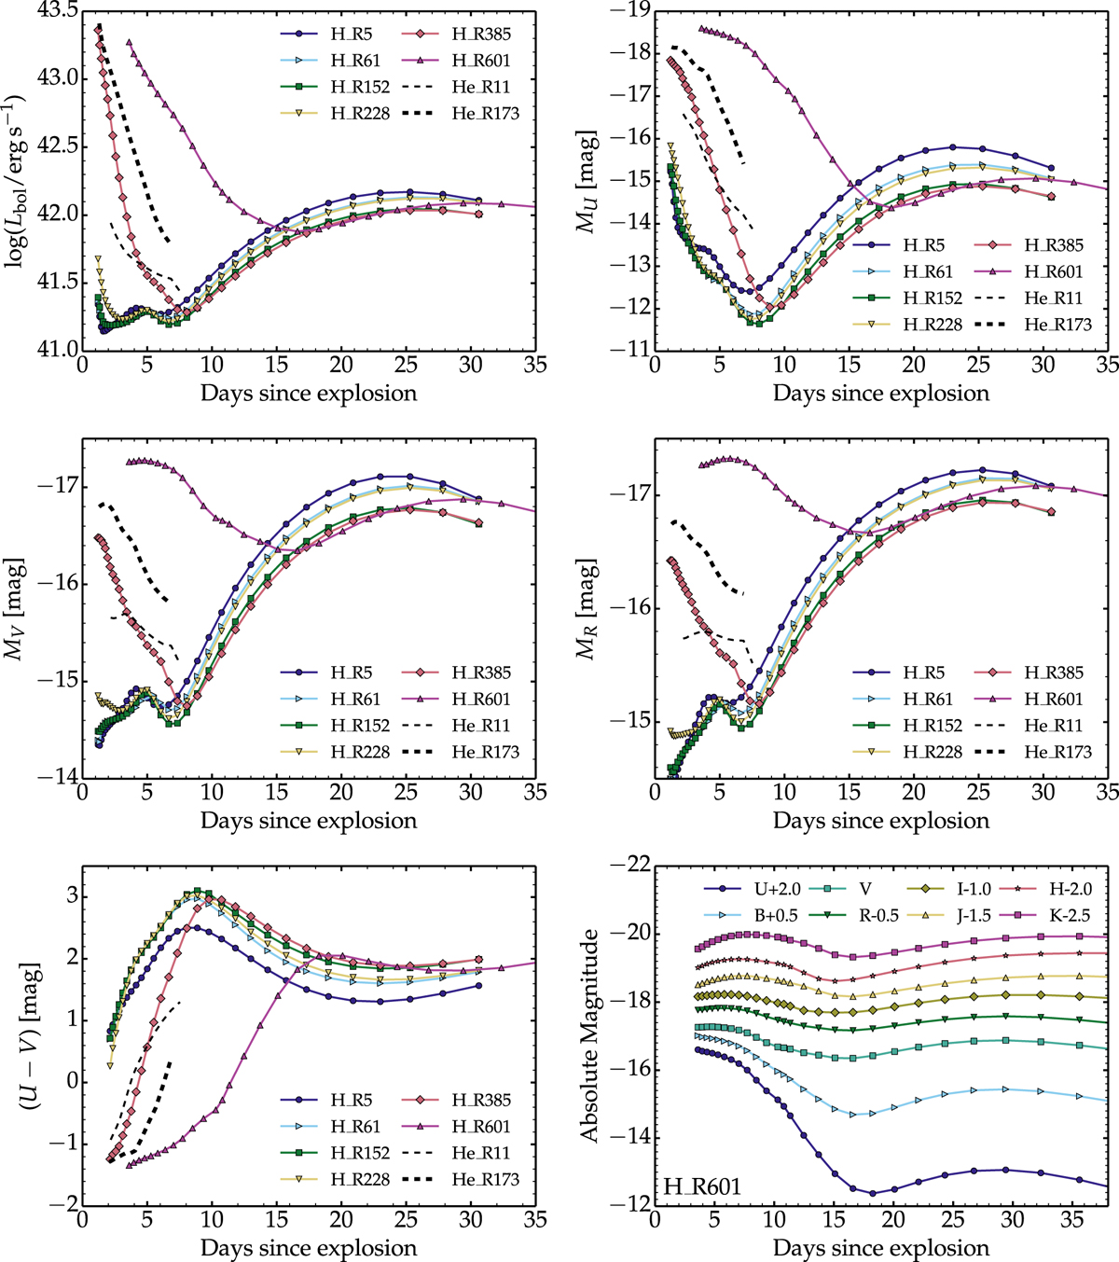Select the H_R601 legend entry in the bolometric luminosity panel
[x=481, y=61]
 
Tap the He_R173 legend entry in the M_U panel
[x=1057, y=325]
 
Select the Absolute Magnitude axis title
[x=589, y=1035]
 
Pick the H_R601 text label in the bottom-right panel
[x=702, y=1186]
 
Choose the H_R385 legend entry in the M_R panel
[x=1054, y=673]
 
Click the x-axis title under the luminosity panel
[x=309, y=393]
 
